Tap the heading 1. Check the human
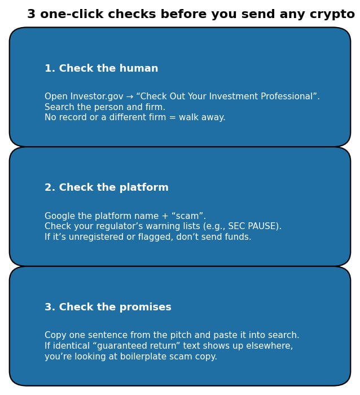[102, 69]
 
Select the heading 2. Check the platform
[107, 188]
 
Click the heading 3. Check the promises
[108, 308]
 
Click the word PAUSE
[262, 227]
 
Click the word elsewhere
[270, 346]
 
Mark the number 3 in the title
[31, 15]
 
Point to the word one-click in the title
[67, 15]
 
